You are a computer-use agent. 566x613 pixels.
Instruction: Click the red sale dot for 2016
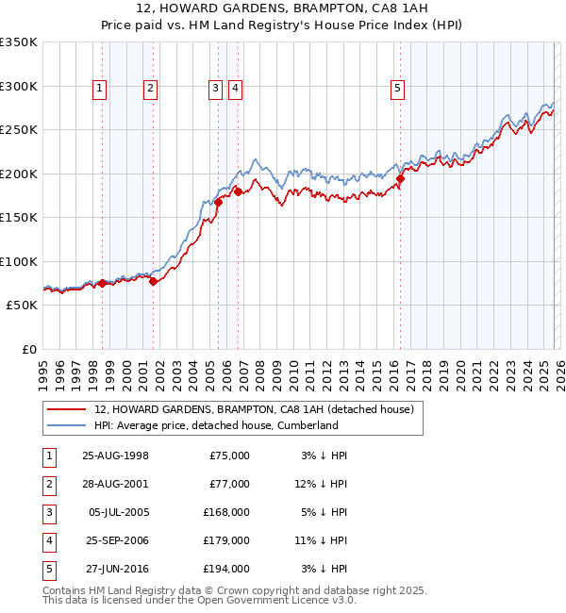(x=400, y=178)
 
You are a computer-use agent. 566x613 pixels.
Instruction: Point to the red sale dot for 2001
(x=153, y=281)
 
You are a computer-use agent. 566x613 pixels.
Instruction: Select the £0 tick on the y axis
(x=30, y=349)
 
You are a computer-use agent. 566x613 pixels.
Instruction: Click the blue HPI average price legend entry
(x=215, y=425)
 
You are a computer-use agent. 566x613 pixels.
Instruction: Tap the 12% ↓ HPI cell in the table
(x=323, y=484)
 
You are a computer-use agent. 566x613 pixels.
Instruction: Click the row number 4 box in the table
(x=49, y=540)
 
